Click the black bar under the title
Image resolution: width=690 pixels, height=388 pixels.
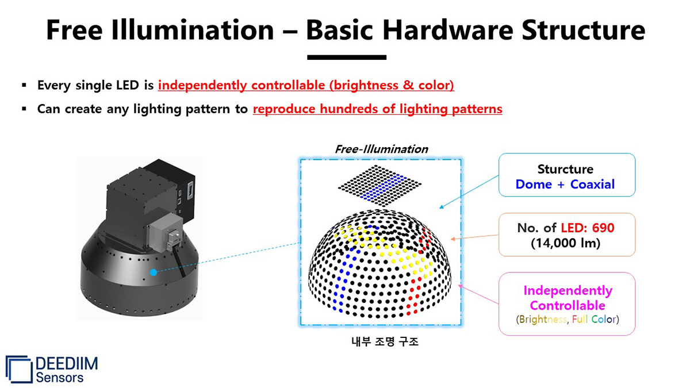347,57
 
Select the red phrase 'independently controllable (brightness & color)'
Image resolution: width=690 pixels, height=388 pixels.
306,86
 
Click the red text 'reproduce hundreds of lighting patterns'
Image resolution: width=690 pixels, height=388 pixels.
377,109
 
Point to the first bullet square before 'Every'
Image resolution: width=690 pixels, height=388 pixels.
24,86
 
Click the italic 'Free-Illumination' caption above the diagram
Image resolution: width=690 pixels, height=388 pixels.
381,149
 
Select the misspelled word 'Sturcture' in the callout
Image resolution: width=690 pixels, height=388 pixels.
565,169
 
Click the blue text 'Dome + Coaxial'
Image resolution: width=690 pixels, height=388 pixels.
565,185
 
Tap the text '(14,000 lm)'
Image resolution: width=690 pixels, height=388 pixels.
566,243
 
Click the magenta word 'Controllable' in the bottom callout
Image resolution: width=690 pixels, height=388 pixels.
567,305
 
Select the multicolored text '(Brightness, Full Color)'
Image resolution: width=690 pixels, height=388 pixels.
567,320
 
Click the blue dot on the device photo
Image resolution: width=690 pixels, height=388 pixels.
153,272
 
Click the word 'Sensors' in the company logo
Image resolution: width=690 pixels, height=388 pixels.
59,377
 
